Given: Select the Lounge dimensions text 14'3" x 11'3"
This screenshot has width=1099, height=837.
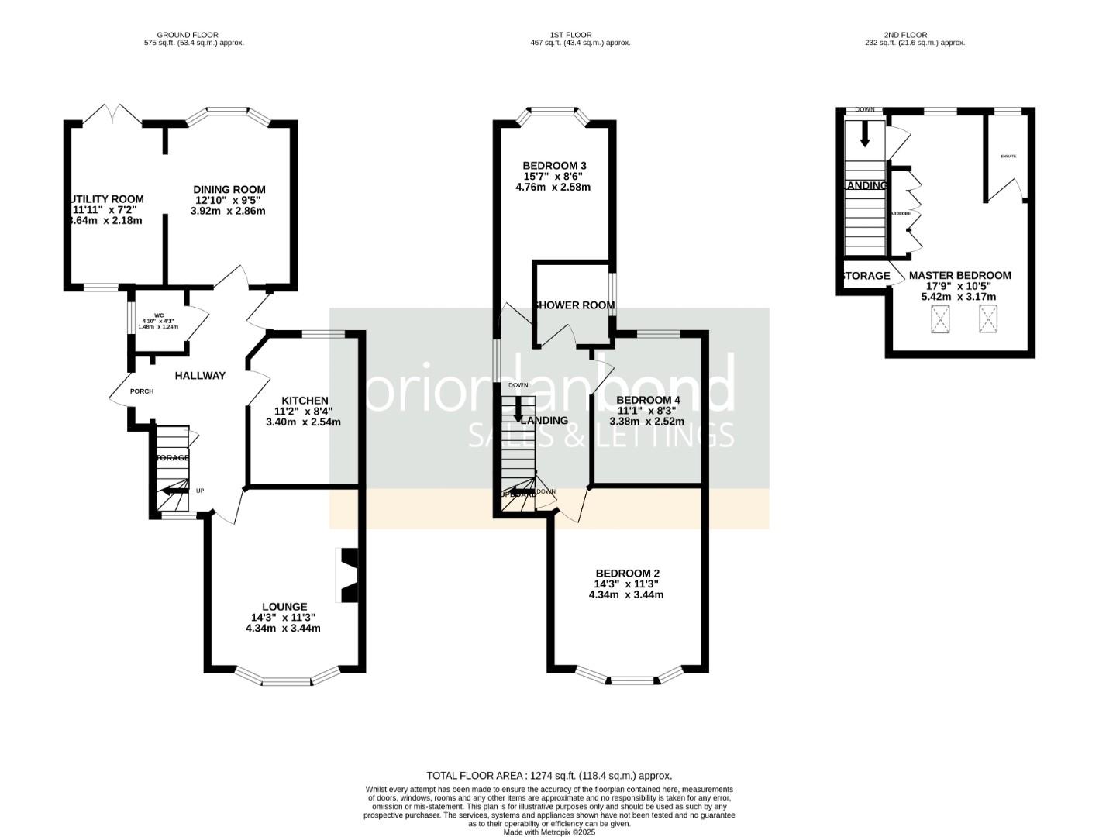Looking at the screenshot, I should (x=283, y=618).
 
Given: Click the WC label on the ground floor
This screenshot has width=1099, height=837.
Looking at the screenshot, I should (x=159, y=315).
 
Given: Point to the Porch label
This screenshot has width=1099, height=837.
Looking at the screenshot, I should (x=142, y=391).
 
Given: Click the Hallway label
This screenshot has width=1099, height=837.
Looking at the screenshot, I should (x=200, y=376).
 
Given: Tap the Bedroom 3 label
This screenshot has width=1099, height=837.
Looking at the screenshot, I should (x=554, y=166).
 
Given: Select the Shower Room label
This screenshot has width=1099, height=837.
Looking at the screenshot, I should (x=574, y=305).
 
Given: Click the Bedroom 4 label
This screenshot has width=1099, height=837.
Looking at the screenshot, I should (x=648, y=401).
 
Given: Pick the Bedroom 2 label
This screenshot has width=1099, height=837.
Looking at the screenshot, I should (x=627, y=573).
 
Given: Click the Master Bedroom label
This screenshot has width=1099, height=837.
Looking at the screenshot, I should (x=959, y=275).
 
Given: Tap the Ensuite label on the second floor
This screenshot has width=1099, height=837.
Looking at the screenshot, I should (x=1008, y=157).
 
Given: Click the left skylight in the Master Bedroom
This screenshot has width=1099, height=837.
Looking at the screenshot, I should (x=941, y=319).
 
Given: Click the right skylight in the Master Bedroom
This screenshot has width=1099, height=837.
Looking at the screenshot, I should (x=988, y=319).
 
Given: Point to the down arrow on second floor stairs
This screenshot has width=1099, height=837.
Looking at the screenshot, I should (x=865, y=136).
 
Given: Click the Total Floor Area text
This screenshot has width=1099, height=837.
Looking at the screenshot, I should (x=549, y=775).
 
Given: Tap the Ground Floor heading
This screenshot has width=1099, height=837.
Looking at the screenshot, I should (x=188, y=35).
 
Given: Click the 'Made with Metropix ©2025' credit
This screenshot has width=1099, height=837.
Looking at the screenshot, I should (x=549, y=832).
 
